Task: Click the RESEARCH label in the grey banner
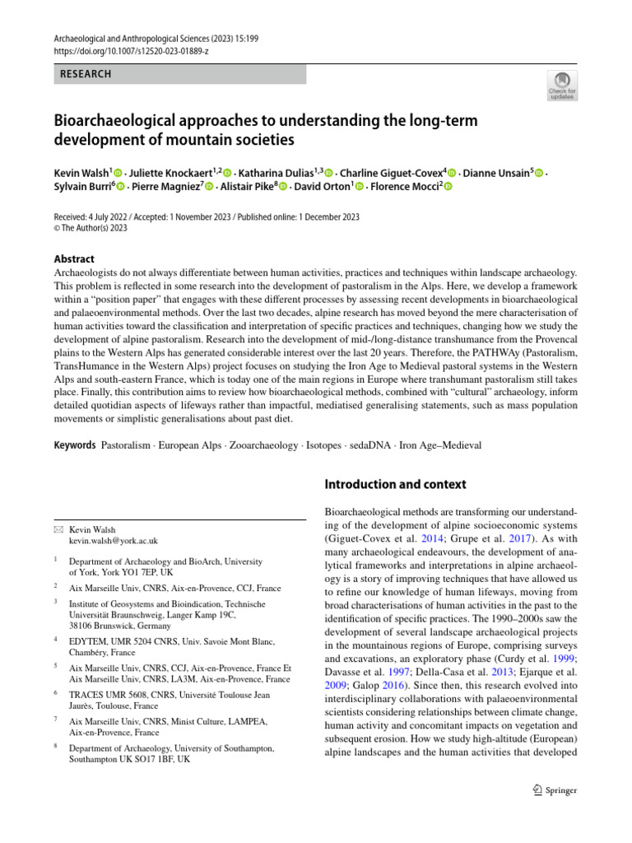(86, 74)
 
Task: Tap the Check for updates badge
(562, 85)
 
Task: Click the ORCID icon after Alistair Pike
(284, 187)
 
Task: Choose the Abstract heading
(73, 258)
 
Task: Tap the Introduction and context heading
(396, 483)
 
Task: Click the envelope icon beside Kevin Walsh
(57, 529)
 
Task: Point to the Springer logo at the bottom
(555, 789)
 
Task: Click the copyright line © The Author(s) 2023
(91, 229)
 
